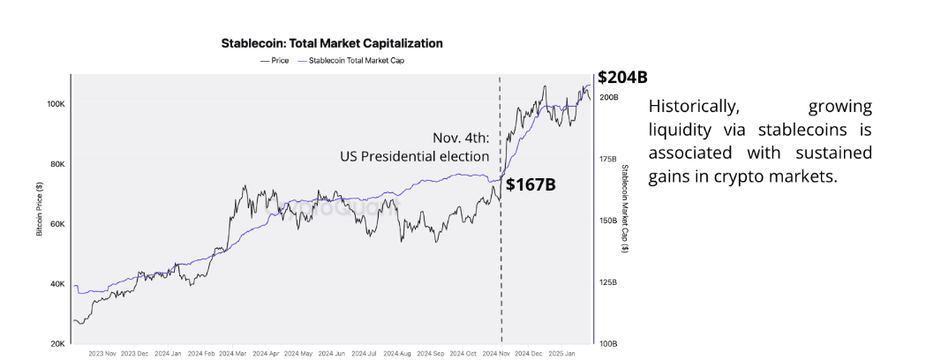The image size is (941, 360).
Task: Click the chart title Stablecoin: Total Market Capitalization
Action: [331, 42]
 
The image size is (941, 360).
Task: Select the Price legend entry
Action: [276, 61]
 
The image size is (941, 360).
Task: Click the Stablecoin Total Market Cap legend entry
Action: [357, 61]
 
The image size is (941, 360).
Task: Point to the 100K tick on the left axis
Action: [55, 104]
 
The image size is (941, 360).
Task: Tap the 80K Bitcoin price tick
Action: [56, 164]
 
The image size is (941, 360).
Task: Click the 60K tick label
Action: [56, 224]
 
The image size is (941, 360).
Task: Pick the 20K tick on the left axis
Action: [56, 343]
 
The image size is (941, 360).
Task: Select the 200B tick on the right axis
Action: [608, 97]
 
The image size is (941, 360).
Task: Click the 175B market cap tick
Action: [608, 159]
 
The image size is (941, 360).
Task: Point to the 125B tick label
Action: [608, 282]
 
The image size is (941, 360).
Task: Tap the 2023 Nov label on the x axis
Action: [103, 353]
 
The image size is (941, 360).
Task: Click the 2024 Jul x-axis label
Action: [367, 353]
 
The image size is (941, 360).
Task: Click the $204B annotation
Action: [616, 77]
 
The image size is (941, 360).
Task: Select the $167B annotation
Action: [530, 185]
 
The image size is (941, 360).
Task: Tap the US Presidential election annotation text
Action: [414, 156]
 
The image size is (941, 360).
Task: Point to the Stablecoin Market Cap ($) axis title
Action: [625, 209]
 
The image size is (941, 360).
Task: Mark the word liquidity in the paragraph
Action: [683, 131]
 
